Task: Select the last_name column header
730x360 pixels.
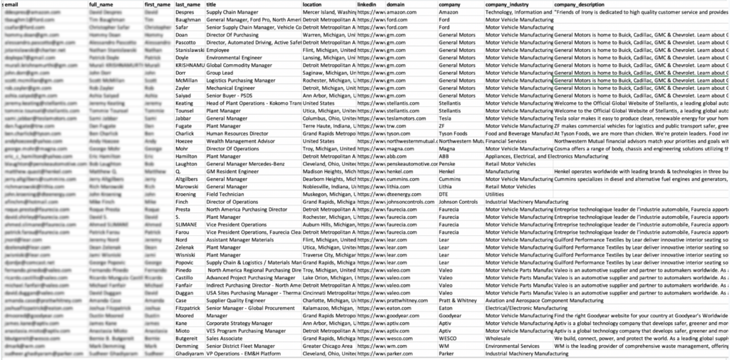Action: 188,5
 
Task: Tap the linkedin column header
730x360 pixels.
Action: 368,5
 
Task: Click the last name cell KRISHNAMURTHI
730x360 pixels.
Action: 189,65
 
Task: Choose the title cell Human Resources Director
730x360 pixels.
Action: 237,133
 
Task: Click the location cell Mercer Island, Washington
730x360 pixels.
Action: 328,13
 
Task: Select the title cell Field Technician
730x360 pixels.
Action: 224,193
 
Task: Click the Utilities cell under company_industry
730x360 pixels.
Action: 495,193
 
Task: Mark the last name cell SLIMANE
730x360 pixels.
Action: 187,224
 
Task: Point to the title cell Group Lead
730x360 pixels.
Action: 220,73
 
